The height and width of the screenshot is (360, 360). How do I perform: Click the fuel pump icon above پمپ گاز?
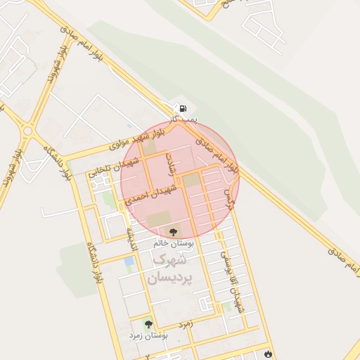(183, 108)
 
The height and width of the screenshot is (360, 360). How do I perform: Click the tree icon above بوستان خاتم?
(173, 231)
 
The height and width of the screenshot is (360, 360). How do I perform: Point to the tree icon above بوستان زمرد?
(148, 324)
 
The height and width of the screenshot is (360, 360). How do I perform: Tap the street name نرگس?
(226, 199)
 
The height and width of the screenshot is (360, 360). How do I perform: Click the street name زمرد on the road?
(185, 324)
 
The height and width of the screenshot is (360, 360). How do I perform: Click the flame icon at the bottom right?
(267, 352)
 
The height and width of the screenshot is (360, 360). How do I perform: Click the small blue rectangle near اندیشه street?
(129, 262)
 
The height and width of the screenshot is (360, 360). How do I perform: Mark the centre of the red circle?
(180, 179)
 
